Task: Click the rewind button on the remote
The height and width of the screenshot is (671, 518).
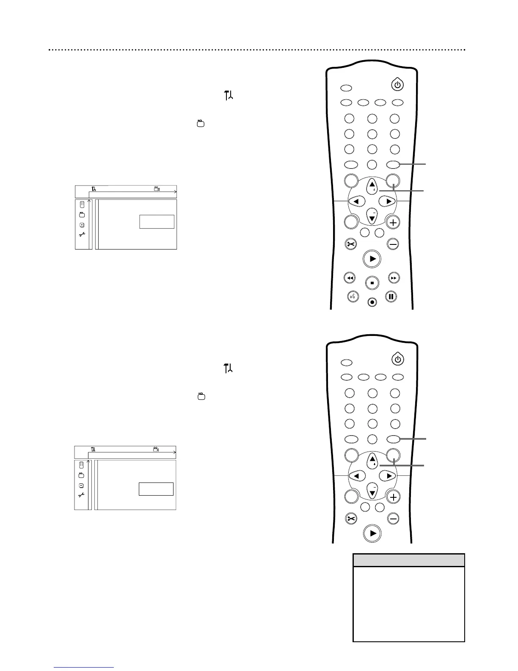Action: [x=350, y=278]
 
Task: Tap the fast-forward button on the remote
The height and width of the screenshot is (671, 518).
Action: [x=394, y=278]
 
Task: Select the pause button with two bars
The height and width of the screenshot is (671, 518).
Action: [x=391, y=297]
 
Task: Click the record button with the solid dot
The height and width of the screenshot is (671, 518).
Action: [x=372, y=302]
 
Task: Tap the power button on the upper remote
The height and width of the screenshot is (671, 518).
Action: [x=397, y=85]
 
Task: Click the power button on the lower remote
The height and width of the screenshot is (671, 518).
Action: [x=397, y=359]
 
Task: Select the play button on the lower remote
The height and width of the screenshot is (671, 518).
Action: [x=372, y=533]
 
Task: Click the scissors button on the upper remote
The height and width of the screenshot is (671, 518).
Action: [x=351, y=244]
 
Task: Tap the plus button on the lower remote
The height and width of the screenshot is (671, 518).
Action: [x=393, y=497]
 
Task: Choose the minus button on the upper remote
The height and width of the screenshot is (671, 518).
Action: [x=393, y=244]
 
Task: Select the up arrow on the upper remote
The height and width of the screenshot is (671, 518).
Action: [x=372, y=185]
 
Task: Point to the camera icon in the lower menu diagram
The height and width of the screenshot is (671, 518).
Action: [x=156, y=449]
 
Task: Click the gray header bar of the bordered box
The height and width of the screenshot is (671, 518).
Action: [x=408, y=560]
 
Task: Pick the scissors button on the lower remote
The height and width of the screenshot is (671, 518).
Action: [x=351, y=518]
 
